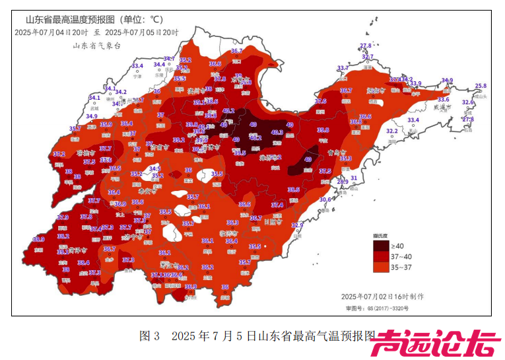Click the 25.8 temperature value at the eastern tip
click(x=481, y=86)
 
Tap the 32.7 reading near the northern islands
click(x=368, y=57)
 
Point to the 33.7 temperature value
click(x=343, y=68)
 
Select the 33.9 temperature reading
click(x=416, y=84)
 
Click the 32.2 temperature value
click(x=391, y=131)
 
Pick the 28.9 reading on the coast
click(x=343, y=182)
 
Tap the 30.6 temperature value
click(x=325, y=199)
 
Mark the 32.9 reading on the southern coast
click(x=297, y=225)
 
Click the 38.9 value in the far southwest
click(x=38, y=239)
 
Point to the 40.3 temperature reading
click(x=277, y=133)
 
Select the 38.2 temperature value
click(x=63, y=236)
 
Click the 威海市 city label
click(x=438, y=106)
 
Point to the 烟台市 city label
click(x=376, y=91)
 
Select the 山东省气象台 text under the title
click(x=97, y=46)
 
